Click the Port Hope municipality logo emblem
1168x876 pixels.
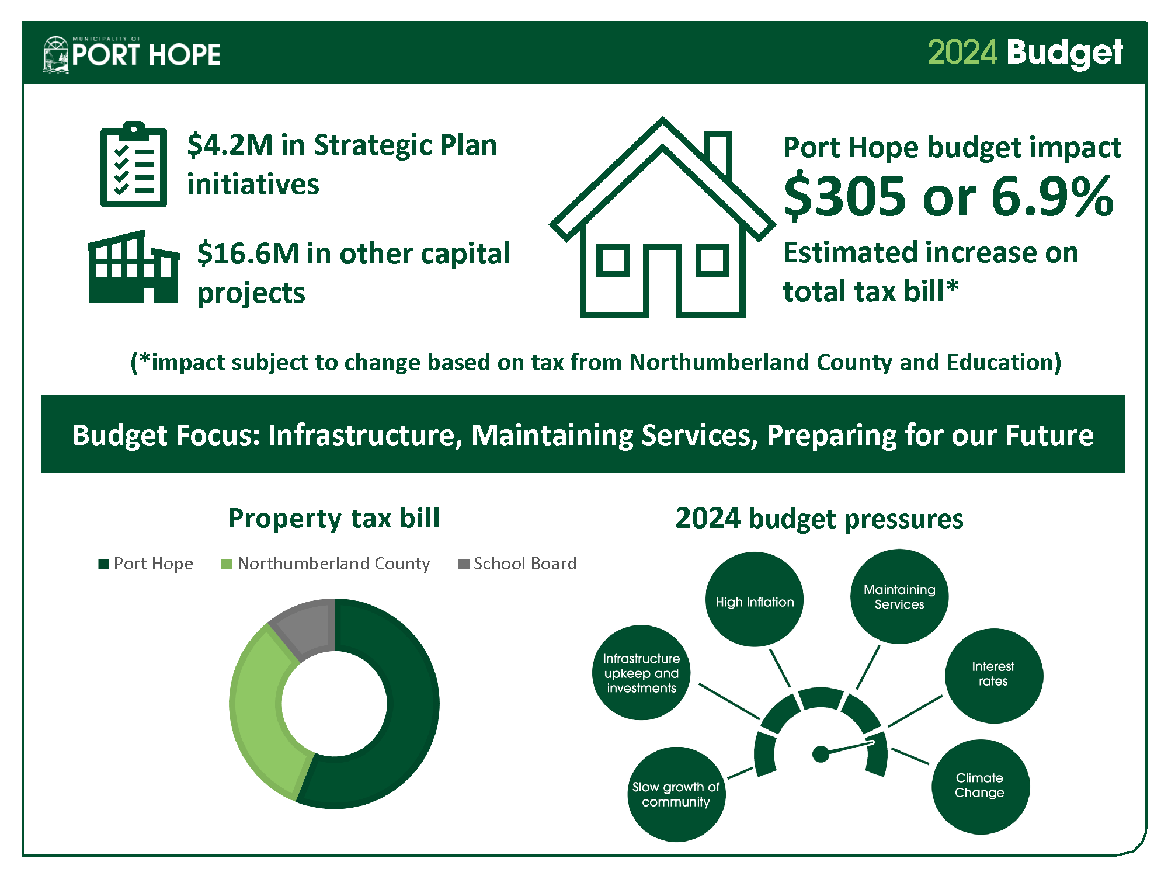(57, 54)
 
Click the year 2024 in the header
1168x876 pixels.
(962, 53)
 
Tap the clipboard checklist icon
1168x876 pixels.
(134, 165)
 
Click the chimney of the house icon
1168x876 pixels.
(718, 153)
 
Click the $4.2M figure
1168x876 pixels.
(230, 145)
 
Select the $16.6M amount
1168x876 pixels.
(248, 253)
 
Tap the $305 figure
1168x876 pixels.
(845, 196)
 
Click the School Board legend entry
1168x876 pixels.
(517, 564)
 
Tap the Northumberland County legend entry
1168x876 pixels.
(326, 564)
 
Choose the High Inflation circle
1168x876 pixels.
(755, 600)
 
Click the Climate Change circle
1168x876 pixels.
(980, 787)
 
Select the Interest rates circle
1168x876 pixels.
(993, 676)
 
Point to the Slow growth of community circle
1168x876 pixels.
(676, 794)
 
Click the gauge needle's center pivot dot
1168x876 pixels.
(821, 754)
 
